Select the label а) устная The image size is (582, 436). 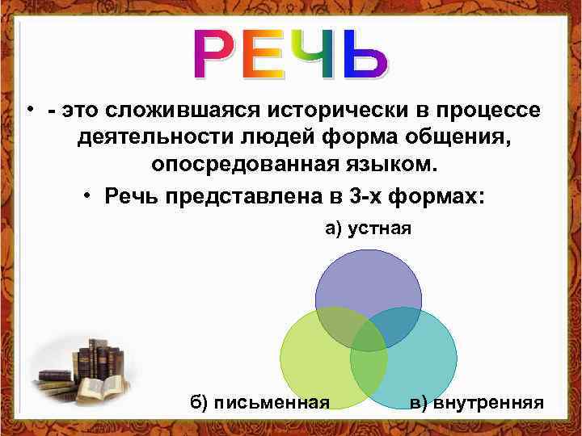[368, 229]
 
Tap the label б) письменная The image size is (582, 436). [259, 402]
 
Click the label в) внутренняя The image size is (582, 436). [476, 402]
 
